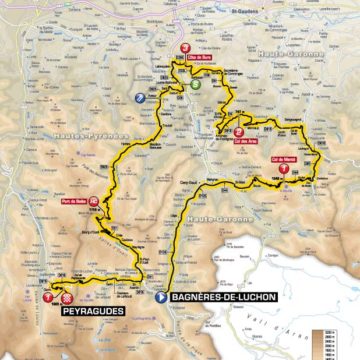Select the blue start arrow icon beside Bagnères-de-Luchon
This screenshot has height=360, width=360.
162,297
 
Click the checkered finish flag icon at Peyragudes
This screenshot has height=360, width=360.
67,297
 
